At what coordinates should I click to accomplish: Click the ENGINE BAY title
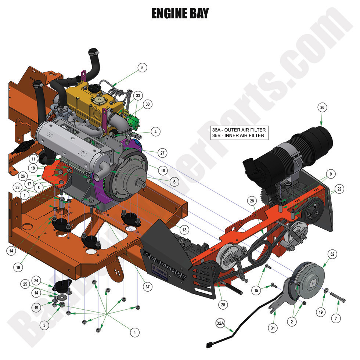(x=180, y=14)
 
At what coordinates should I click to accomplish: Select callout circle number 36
(x=322, y=108)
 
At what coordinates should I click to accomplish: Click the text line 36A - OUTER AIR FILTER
(x=238, y=130)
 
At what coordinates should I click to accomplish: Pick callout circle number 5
(x=142, y=68)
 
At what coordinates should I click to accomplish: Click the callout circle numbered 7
(x=336, y=317)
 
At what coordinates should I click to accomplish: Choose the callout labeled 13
(x=185, y=230)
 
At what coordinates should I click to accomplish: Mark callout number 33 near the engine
(x=138, y=96)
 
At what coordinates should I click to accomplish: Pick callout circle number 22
(x=339, y=189)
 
